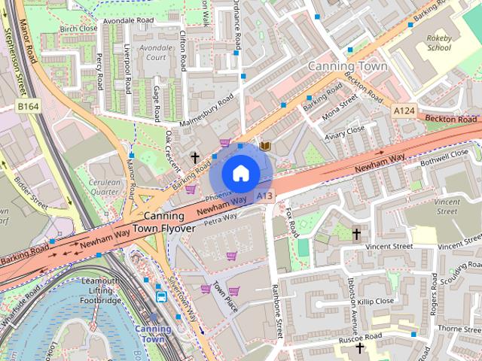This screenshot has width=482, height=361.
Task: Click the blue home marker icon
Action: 240,174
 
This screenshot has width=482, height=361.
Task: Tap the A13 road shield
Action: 264,196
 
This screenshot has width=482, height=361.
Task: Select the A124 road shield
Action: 404,111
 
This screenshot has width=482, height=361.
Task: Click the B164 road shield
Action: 28,107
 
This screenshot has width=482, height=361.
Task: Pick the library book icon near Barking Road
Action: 264,144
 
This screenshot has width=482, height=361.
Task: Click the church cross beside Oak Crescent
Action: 195,158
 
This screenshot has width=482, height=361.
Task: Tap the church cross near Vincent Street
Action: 356,234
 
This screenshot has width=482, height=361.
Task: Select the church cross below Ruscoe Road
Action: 359,349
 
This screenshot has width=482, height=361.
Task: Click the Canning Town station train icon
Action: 162,296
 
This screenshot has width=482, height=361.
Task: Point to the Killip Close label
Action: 375,301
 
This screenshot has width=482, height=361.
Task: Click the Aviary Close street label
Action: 344,133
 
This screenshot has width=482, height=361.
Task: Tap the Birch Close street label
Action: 78,29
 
